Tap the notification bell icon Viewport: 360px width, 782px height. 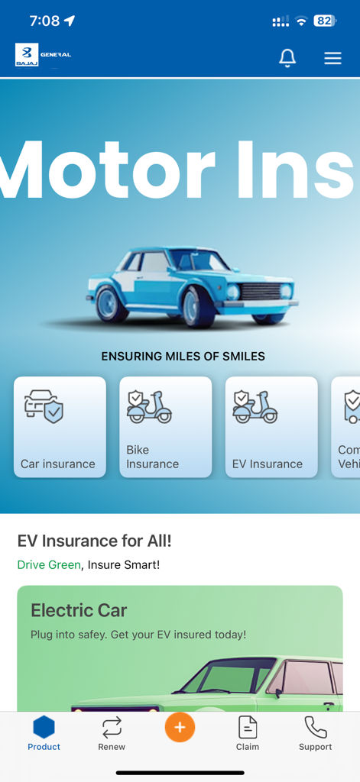287,57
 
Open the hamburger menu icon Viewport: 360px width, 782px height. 332,58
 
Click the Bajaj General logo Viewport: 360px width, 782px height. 43,55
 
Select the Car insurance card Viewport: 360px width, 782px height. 60,427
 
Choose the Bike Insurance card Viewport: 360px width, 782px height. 165,427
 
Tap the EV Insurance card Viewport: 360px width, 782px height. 271,427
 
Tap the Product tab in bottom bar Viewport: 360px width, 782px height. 44,733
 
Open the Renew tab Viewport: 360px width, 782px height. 112,733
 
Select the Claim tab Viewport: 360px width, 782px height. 248,733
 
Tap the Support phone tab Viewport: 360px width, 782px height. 315,733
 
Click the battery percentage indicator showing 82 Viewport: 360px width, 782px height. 324,21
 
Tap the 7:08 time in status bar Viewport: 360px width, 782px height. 44,21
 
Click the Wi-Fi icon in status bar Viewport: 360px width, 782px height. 301,21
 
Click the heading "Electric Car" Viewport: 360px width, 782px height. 79,610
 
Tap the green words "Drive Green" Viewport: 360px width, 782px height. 48,565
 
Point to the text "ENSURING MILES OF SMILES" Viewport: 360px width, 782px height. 183,356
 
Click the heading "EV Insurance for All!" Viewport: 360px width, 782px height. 94,541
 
